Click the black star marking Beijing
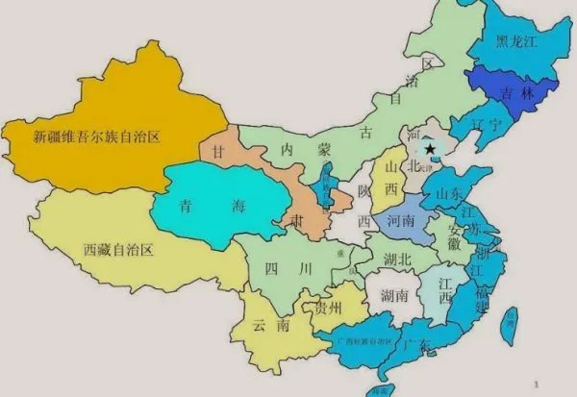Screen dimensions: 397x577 [430, 148]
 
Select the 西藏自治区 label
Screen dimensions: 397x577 [118, 251]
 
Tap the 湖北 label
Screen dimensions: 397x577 [396, 259]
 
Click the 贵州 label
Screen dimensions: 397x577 [328, 308]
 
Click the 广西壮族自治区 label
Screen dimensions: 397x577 [364, 341]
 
